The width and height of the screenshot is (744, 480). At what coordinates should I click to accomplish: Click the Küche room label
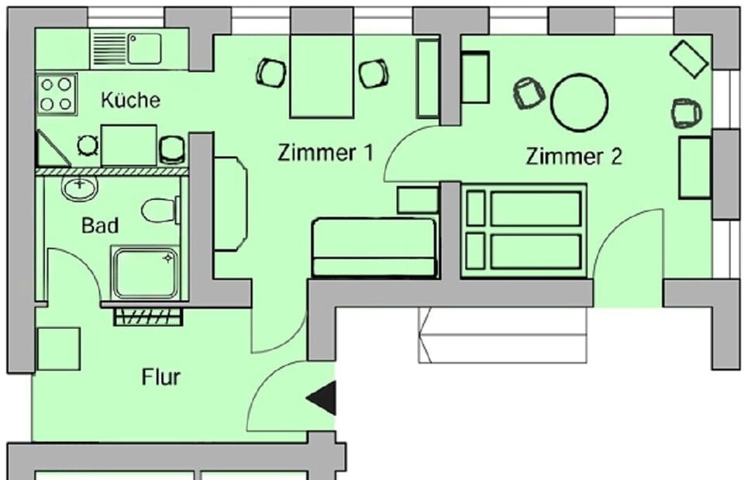coord(131,100)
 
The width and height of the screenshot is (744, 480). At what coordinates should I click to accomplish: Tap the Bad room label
coord(101,226)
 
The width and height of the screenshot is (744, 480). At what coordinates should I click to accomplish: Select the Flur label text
coord(161,378)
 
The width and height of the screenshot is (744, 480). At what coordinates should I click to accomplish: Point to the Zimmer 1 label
coord(325,153)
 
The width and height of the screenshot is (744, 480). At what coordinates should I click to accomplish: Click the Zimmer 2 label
coord(573,157)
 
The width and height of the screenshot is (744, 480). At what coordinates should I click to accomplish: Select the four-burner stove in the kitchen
coord(57,94)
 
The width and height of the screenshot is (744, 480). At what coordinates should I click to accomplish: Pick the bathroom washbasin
coord(79,187)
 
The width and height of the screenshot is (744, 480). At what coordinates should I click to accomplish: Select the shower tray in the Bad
coord(146,272)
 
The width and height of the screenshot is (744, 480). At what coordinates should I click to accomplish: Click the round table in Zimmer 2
coord(579,102)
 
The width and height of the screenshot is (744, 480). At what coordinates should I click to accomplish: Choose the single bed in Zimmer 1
coord(374,247)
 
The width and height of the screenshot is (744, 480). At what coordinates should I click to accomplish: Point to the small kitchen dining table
coord(129,144)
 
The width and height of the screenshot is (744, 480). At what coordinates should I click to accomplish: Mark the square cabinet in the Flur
coord(58,348)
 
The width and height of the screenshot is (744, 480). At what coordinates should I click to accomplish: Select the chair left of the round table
coord(529,93)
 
